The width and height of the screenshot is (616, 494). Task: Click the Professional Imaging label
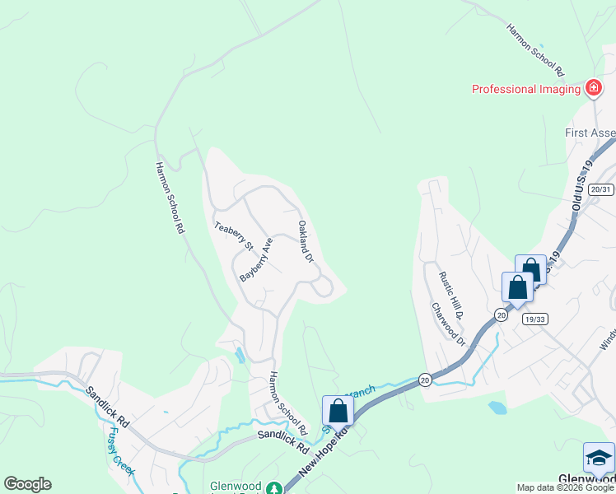tap(525, 89)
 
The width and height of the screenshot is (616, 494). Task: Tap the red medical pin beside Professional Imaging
tap(592, 87)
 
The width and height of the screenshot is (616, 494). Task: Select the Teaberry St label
tap(233, 235)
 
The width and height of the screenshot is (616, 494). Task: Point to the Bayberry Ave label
tap(255, 260)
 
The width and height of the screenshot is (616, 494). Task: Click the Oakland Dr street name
tap(306, 241)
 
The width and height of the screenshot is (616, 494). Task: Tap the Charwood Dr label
tap(448, 324)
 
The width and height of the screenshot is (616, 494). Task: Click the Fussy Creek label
tap(120, 454)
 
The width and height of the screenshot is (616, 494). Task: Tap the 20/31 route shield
tap(602, 189)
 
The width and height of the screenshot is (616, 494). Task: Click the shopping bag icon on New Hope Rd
tap(338, 410)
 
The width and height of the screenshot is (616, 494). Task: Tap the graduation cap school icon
tap(599, 458)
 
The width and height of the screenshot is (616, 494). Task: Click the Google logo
tap(27, 484)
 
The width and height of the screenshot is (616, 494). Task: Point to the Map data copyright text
tap(565, 487)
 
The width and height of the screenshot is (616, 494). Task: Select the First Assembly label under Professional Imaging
tap(590, 133)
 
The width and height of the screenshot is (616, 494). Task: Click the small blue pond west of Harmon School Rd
tap(239, 356)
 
